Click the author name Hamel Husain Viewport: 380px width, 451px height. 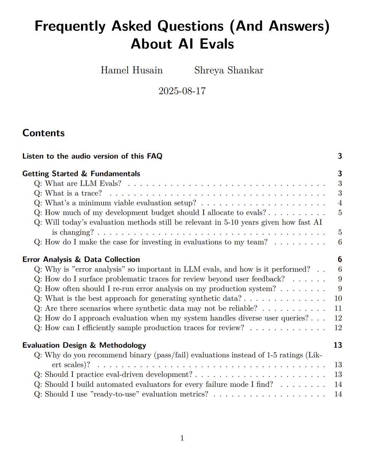(132, 70)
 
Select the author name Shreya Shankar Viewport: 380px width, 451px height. (229, 70)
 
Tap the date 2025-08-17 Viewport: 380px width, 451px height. (182, 91)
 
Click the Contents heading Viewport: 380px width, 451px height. (44, 133)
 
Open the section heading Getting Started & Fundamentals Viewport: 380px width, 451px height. (81, 174)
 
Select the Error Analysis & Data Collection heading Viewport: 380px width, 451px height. (81, 259)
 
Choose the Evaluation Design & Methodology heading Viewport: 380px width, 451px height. (84, 345)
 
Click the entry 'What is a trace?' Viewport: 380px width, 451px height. (73, 193)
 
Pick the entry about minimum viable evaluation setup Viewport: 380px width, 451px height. (120, 203)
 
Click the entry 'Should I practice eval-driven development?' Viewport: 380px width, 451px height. (118, 374)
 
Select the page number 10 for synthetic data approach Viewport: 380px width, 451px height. (338, 298)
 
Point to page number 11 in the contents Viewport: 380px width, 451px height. (338, 308)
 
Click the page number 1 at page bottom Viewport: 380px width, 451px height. (182, 438)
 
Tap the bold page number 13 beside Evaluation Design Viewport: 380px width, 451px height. (338, 345)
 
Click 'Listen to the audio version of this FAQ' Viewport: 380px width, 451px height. (92, 156)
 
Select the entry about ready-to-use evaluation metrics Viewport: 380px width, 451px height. (126, 394)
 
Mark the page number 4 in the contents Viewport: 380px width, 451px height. (340, 203)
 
